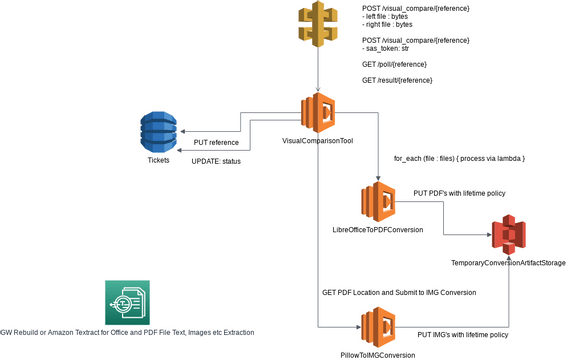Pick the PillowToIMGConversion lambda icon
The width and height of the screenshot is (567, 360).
point(378,326)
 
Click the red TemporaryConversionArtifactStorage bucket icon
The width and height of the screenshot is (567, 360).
point(509,233)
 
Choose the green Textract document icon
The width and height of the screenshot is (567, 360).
point(126,301)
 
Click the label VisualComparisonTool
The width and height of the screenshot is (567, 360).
point(318,141)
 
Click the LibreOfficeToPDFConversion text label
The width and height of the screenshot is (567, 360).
point(377,230)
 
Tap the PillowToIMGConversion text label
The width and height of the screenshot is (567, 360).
point(377,355)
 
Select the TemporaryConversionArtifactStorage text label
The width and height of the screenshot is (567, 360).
point(509,262)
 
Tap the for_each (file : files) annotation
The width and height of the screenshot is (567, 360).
point(459,159)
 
